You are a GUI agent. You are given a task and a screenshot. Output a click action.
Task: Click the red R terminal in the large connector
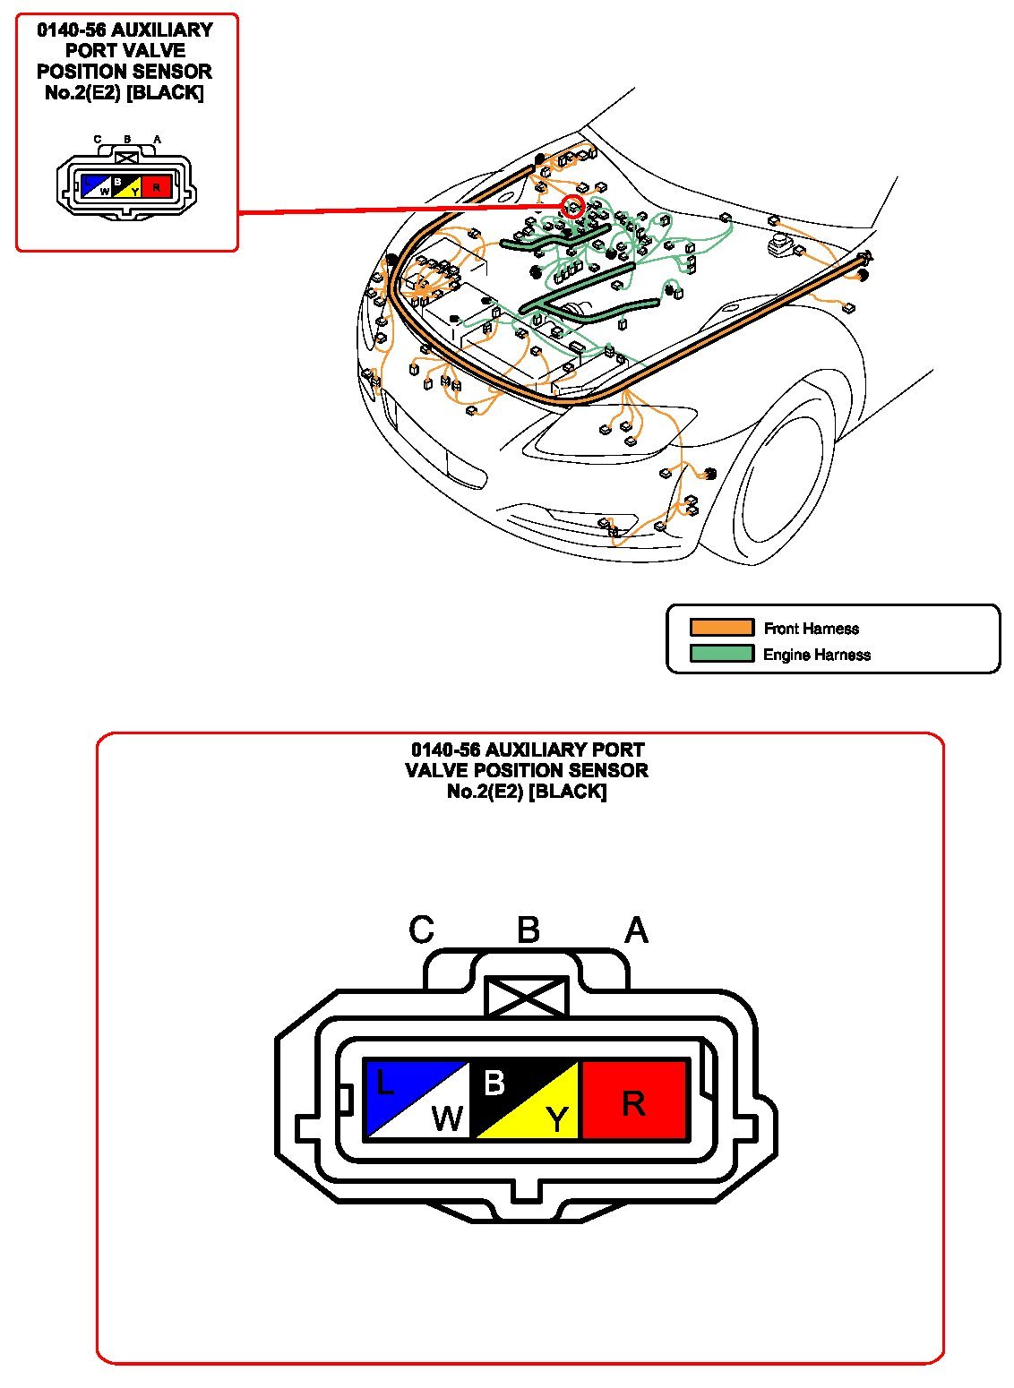click(x=634, y=1101)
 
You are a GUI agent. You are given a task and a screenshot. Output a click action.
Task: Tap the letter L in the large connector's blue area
click(x=384, y=1084)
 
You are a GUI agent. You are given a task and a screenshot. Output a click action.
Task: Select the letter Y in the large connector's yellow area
click(x=557, y=1119)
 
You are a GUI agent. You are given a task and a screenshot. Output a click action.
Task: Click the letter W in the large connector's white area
click(x=447, y=1118)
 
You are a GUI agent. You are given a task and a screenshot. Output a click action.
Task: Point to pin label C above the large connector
click(x=421, y=930)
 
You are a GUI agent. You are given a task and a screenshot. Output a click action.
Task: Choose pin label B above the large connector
click(x=528, y=930)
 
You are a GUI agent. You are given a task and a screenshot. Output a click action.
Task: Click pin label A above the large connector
click(x=636, y=930)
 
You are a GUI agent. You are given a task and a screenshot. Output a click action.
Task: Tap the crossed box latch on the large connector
click(x=527, y=997)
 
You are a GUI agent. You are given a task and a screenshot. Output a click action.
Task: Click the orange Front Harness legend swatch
click(x=721, y=628)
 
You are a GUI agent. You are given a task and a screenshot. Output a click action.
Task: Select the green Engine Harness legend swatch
click(x=721, y=654)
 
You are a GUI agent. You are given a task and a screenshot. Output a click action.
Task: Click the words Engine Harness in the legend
click(x=816, y=655)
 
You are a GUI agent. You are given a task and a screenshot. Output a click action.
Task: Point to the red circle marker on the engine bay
click(x=572, y=207)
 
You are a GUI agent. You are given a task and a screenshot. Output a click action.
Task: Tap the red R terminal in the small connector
click(x=156, y=186)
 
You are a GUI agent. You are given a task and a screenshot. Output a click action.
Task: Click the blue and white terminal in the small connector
click(x=95, y=186)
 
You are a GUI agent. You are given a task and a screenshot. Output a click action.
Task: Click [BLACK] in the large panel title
click(x=568, y=792)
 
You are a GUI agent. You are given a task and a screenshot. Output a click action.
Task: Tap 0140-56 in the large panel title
click(x=445, y=750)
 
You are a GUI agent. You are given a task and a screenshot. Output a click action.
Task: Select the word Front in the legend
click(x=782, y=629)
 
